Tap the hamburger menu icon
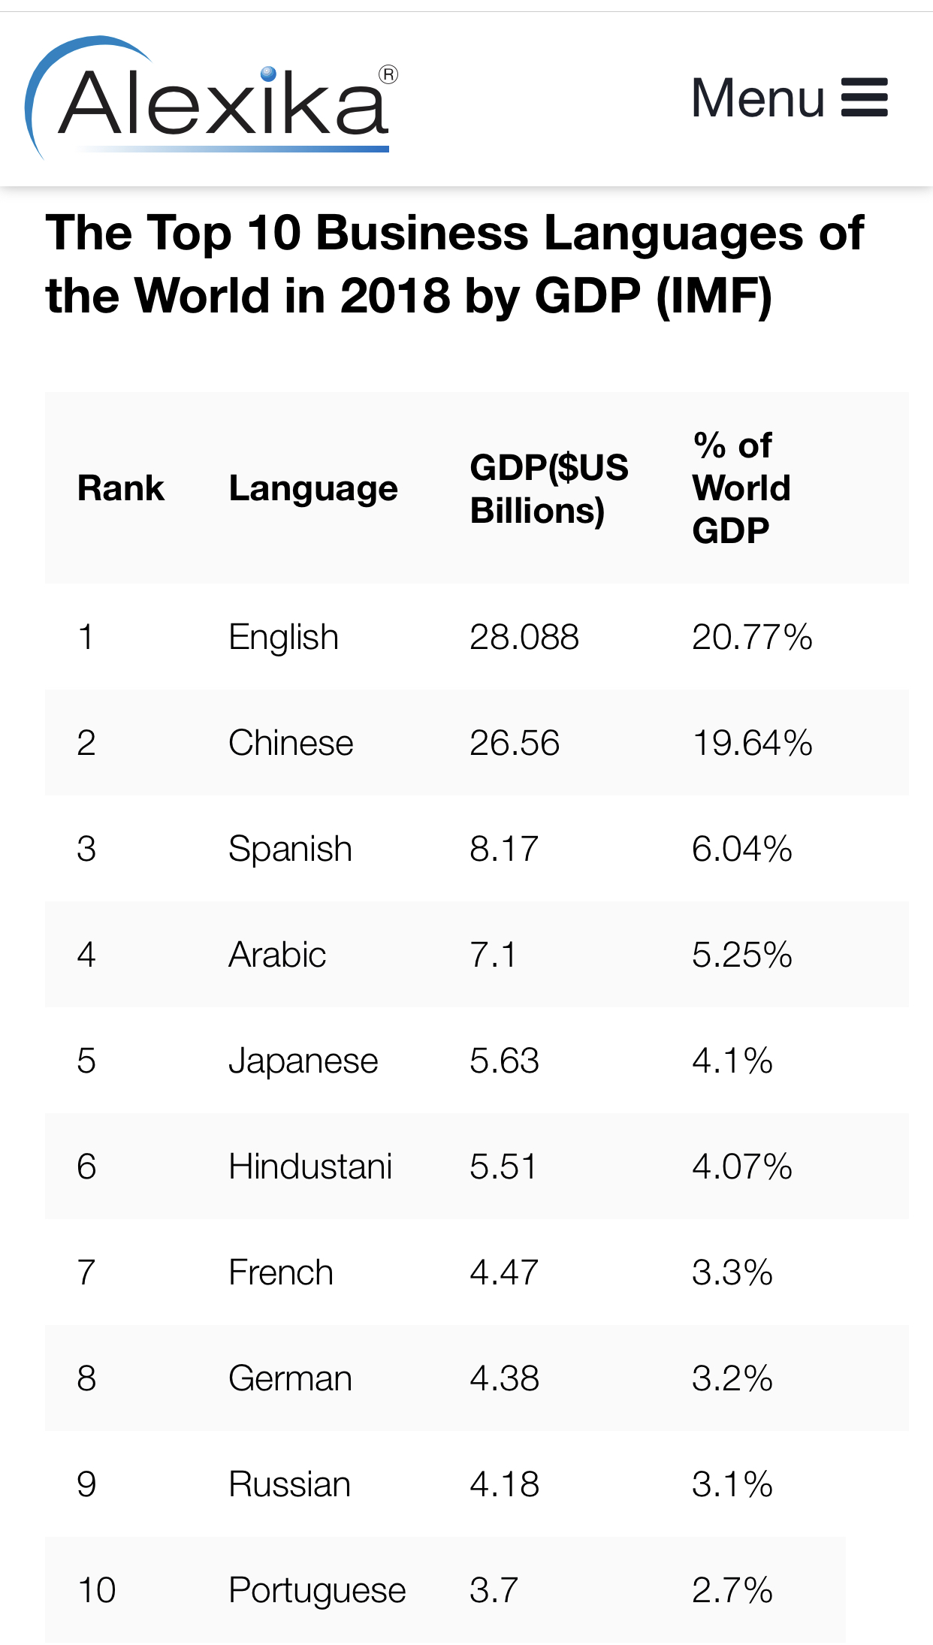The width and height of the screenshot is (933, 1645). pyautogui.click(x=864, y=98)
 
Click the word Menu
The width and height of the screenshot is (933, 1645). pyautogui.click(x=757, y=98)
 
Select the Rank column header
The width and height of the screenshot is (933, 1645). pyautogui.click(x=120, y=488)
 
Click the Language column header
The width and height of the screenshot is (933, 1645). pyautogui.click(x=313, y=488)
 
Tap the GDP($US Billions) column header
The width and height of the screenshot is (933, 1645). pyautogui.click(x=548, y=488)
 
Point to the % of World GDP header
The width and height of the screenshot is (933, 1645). pyautogui.click(x=741, y=488)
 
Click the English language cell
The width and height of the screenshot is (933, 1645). pyautogui.click(x=283, y=637)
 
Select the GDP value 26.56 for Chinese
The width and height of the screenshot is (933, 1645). pyautogui.click(x=515, y=743)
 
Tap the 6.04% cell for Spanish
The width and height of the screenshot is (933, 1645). pyautogui.click(x=741, y=849)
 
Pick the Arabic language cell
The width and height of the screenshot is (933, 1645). pyautogui.click(x=277, y=955)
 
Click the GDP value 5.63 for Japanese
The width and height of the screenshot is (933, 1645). pyautogui.click(x=504, y=1061)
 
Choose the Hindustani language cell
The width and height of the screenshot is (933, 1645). pyautogui.click(x=310, y=1167)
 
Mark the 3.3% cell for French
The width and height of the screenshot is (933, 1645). pyautogui.click(x=732, y=1272)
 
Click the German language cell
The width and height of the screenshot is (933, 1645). pyautogui.click(x=290, y=1378)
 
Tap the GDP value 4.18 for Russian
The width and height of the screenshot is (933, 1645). pyautogui.click(x=504, y=1484)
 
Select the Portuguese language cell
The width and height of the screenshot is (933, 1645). pyautogui.click(x=317, y=1590)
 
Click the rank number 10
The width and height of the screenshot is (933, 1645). pyautogui.click(x=96, y=1590)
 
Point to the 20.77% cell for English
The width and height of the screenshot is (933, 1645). pyautogui.click(x=752, y=637)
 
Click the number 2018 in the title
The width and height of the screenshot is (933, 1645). pyautogui.click(x=395, y=295)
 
